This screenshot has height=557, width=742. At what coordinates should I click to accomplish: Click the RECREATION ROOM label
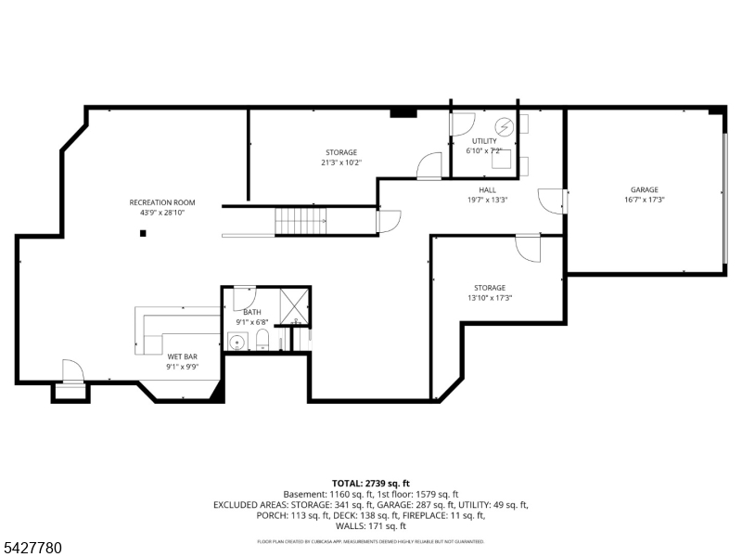[162, 202]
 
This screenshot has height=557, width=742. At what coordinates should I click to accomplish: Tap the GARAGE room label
[644, 189]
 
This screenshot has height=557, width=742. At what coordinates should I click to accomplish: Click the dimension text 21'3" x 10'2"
[340, 162]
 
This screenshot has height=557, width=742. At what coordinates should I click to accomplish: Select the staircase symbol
[300, 222]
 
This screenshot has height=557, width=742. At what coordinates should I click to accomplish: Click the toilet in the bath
[262, 339]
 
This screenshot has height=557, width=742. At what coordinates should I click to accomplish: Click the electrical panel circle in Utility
[505, 126]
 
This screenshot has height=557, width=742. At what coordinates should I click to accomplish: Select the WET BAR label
[182, 356]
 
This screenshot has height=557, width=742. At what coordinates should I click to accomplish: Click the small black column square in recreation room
[143, 233]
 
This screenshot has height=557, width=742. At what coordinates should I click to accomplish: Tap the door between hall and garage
[553, 200]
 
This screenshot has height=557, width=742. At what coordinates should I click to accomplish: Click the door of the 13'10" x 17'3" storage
[528, 248]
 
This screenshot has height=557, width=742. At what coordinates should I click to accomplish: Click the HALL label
[487, 189]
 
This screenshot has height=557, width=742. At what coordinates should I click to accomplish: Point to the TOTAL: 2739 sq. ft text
[370, 484]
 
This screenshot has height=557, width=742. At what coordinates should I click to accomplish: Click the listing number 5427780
[32, 548]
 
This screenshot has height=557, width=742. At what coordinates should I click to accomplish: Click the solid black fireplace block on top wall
[403, 113]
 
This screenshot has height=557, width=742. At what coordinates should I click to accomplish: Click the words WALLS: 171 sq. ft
[370, 525]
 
